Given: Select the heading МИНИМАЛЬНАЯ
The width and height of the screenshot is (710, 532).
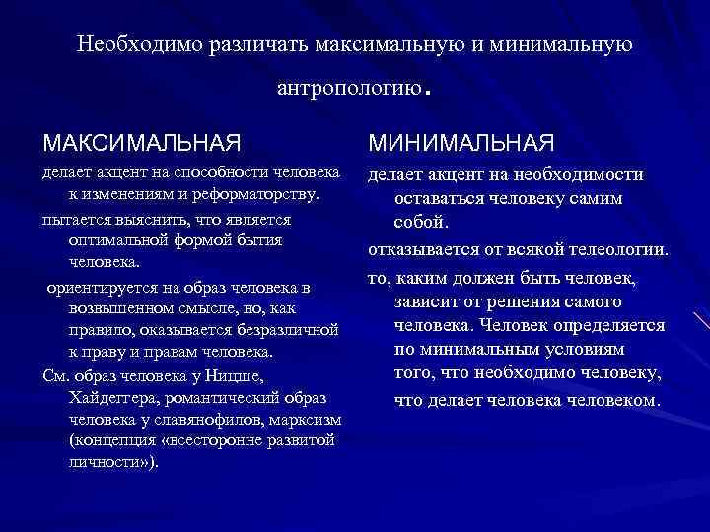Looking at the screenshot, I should point(461,142).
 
